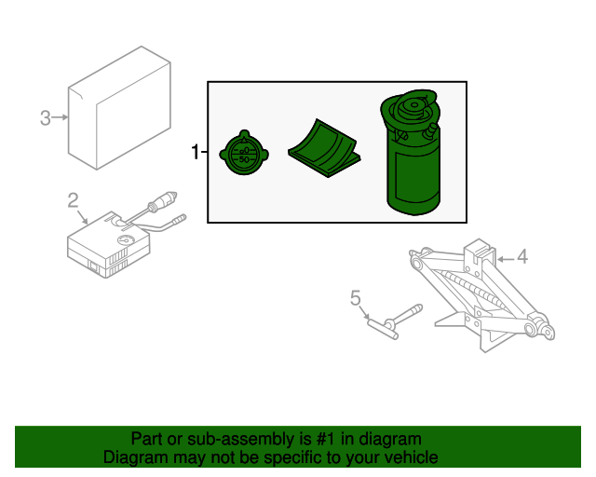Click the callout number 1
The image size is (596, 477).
click(x=195, y=152)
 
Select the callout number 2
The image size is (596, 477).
click(x=73, y=199)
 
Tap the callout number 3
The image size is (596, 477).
click(x=45, y=117)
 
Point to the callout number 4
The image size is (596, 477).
click(x=521, y=256)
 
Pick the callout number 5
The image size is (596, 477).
click(x=355, y=298)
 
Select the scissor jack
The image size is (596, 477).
click(x=480, y=293)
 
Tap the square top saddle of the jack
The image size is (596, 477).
click(x=480, y=249)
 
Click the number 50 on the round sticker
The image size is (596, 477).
click(x=244, y=160)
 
